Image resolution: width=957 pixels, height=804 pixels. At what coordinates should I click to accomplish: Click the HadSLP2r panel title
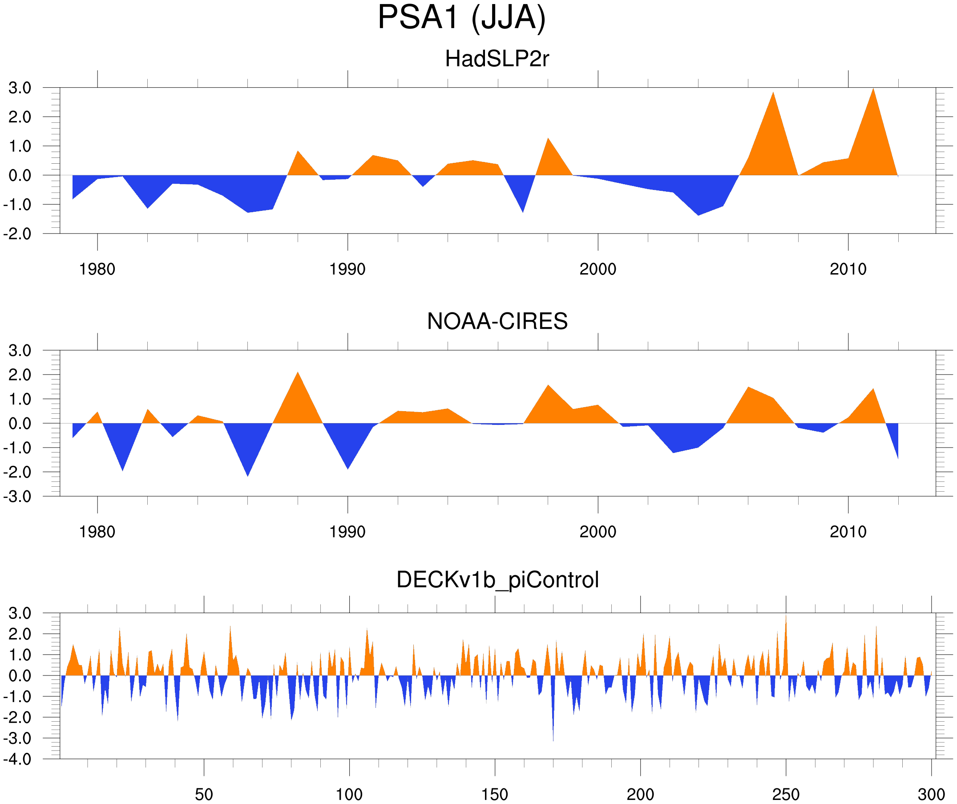click(x=497, y=59)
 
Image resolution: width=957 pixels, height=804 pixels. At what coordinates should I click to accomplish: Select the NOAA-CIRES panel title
click(x=497, y=321)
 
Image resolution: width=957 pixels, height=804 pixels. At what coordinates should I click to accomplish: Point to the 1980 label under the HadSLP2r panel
click(x=97, y=269)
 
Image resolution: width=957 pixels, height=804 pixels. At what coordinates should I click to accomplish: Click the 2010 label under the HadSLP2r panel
click(x=848, y=269)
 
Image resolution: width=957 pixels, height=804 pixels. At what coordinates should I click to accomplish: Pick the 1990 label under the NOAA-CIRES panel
click(x=347, y=532)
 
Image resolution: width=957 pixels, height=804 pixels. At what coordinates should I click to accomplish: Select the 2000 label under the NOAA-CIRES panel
click(x=598, y=532)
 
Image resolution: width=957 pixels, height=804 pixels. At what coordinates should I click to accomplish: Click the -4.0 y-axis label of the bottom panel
click(x=17, y=760)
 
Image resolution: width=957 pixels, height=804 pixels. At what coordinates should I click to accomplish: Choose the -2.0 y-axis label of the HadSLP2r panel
click(x=17, y=234)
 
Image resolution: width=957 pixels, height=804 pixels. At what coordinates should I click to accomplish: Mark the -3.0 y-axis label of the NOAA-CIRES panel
click(x=17, y=497)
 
